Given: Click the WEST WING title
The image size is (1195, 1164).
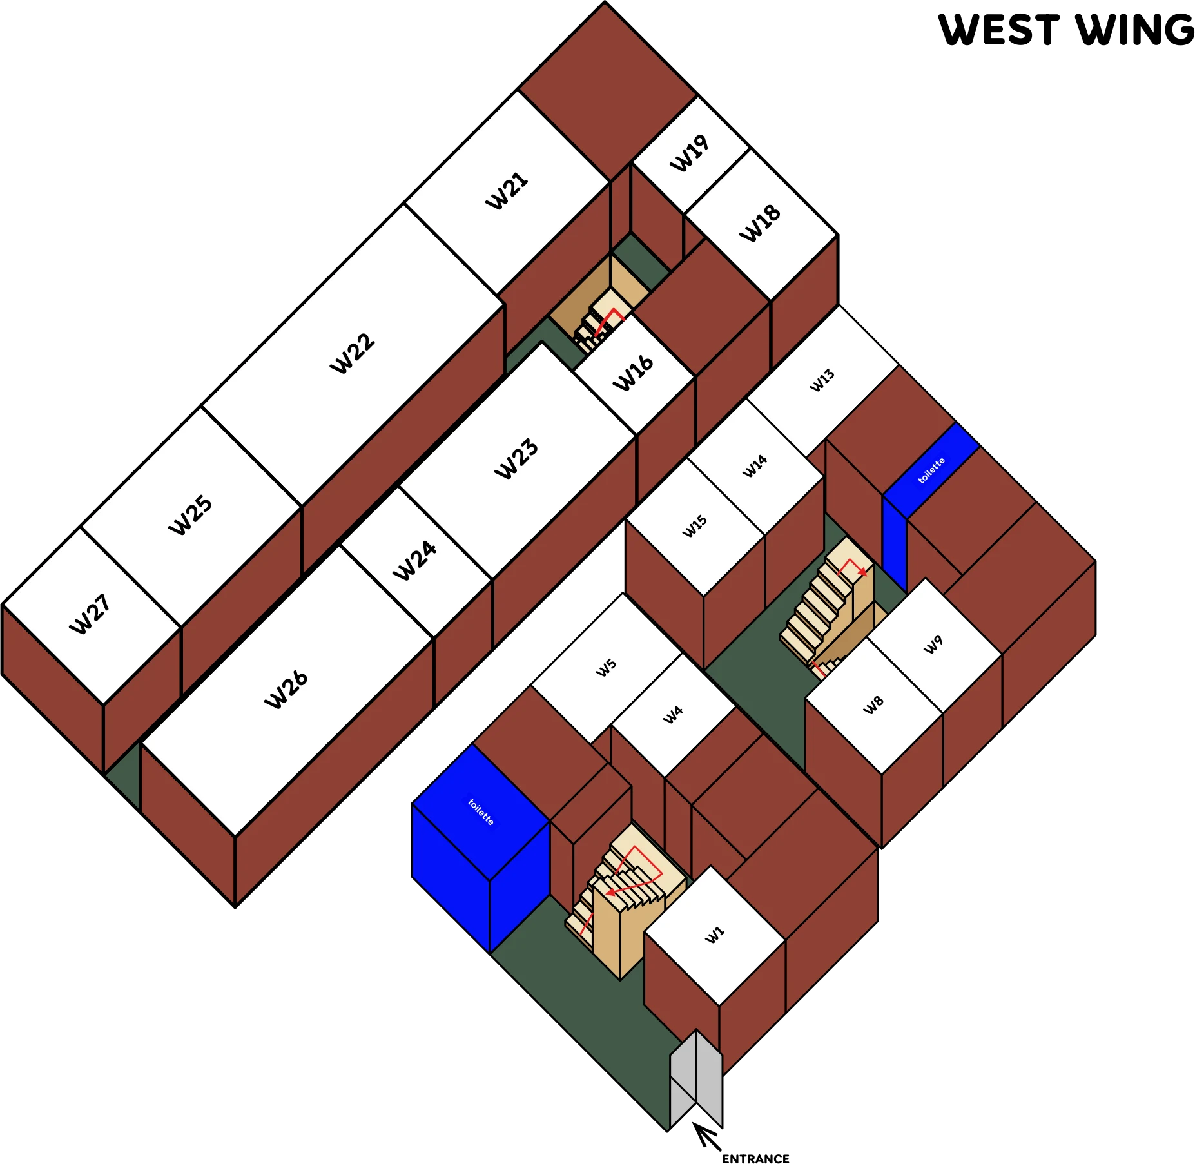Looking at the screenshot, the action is (1066, 30).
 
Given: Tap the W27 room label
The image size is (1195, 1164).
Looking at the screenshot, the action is (90, 615).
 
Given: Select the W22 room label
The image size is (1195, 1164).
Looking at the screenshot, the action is (352, 353).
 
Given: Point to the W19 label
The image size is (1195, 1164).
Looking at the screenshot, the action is (690, 153).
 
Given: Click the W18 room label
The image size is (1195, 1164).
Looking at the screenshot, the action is (760, 223).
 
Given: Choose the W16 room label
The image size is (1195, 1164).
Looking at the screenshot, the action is (633, 373).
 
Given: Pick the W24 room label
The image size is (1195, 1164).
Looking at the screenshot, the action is (414, 560).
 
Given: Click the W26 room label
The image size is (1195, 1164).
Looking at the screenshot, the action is (286, 689).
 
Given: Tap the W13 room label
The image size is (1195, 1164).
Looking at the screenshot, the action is (822, 380).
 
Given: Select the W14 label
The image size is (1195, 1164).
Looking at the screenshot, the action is (755, 465).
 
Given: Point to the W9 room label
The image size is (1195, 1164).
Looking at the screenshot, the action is (933, 644).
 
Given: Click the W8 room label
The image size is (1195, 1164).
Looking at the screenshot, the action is (873, 705).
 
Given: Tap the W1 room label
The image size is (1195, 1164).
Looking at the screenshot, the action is (715, 935).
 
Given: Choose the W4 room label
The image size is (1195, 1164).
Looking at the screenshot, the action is (673, 714).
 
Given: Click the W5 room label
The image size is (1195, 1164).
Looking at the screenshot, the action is (607, 667).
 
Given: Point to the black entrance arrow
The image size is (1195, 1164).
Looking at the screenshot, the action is (706, 1136).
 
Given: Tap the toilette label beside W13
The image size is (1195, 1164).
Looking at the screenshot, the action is (931, 470).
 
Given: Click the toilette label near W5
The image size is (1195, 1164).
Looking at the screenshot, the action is (481, 812).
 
